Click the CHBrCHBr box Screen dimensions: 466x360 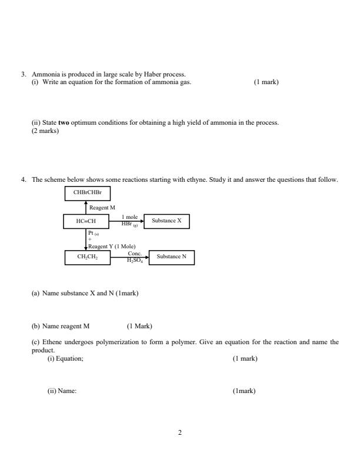86,193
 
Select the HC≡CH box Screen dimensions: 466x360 86,221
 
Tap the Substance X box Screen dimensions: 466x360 166,221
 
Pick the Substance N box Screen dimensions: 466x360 172,257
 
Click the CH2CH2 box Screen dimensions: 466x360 86,257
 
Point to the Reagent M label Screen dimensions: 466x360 102,208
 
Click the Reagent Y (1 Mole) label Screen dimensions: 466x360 112,247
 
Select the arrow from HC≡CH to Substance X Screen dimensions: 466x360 126,221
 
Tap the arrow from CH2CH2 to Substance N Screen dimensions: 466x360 129,257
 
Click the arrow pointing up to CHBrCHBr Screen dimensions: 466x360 86,207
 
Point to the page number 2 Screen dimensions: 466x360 180,432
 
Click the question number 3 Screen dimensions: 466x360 24,74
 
